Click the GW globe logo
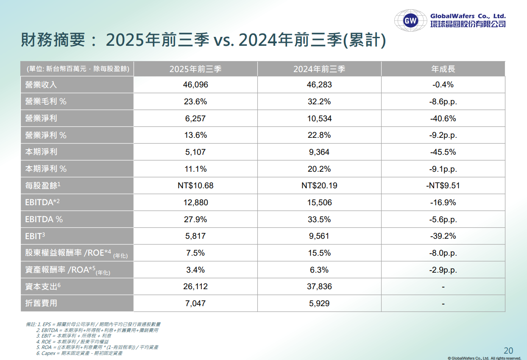coord(410,20)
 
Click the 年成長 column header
coord(443,69)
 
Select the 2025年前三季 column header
coord(195,69)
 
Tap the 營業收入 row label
coord(41,85)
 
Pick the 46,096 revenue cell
coord(195,85)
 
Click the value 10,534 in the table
coord(319,118)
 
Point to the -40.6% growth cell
coord(443,118)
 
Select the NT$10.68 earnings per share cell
coord(195,186)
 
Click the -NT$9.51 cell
coord(443,186)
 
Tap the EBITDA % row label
coord(44,219)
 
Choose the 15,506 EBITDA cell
coord(319,203)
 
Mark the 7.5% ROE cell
coord(195,253)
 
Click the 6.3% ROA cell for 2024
coord(319,270)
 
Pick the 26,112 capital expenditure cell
coord(195,287)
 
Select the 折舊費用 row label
coord(41,303)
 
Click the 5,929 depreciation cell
coord(319,303)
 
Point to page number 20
coord(508,350)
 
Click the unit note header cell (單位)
coord(77,69)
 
